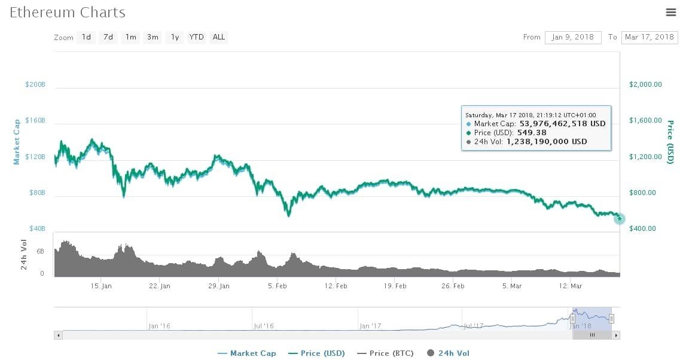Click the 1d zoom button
coord(86,37)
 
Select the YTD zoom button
coord(196,37)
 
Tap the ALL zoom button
coord(219,37)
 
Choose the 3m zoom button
coord(153,37)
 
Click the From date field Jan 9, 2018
coord(572,37)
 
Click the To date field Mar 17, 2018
coord(649,37)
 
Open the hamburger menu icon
coord(670,12)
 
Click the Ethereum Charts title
coord(68,12)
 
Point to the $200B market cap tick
coord(35,84)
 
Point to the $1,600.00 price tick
coord(645,120)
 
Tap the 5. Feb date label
coord(278,286)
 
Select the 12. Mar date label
coord(570,286)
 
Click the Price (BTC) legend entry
coord(385,353)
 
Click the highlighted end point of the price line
coord(619,219)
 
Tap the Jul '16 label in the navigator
coord(263,326)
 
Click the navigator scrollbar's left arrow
coord(58,335)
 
